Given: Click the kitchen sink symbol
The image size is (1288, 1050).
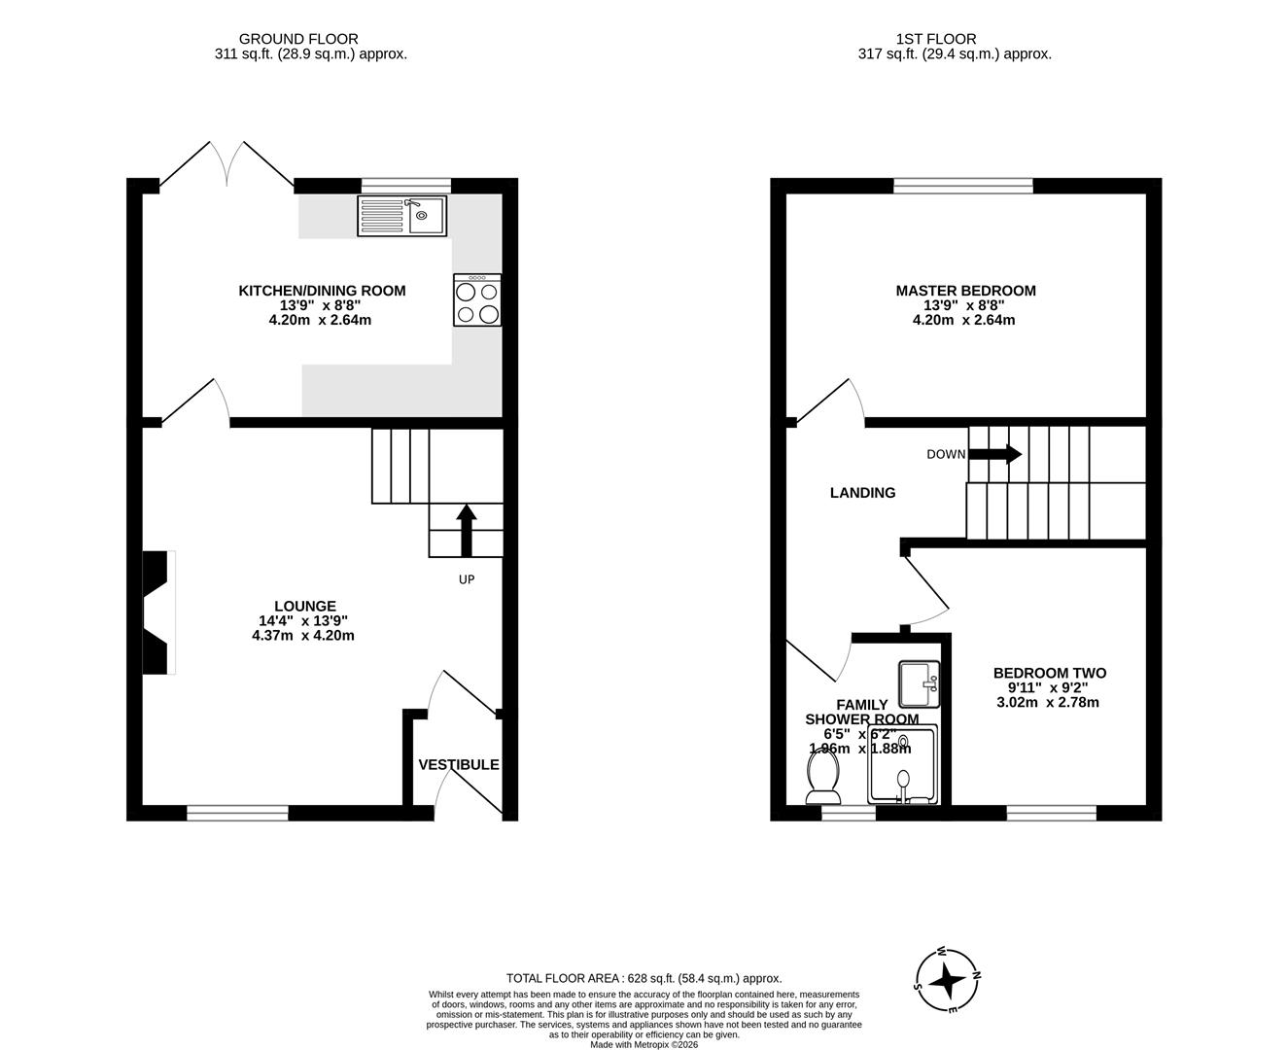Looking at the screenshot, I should click(x=401, y=216).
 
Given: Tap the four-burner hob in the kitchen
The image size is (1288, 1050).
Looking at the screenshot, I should click(x=477, y=300).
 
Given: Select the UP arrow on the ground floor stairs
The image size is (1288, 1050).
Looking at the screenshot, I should click(x=466, y=530).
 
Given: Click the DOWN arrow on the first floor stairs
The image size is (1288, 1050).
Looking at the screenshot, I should click(x=994, y=454).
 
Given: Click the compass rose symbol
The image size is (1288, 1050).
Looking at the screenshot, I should click(x=947, y=980).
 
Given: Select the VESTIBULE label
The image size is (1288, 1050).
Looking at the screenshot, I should click(x=459, y=765).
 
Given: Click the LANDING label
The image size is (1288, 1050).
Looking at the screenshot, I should click(x=862, y=493).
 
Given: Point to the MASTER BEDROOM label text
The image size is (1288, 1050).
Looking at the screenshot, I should click(x=965, y=291).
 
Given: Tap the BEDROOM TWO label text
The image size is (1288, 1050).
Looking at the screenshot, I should click(x=1049, y=673).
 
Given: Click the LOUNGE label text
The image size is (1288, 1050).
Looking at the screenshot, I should click(x=304, y=606).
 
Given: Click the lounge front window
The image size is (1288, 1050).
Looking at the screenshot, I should click(x=237, y=814).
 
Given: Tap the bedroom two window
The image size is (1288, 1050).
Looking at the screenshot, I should click(x=1052, y=814).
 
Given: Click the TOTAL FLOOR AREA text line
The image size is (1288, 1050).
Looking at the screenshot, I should click(x=644, y=979).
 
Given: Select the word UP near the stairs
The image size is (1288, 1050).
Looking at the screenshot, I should click(x=467, y=579).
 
